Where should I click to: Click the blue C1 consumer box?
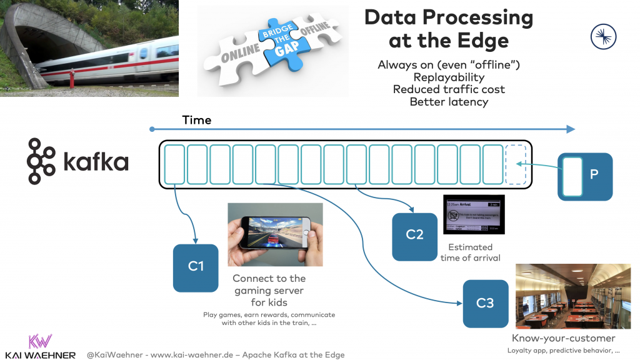(196, 266)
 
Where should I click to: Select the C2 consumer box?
(414, 236)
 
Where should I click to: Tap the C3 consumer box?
(485, 303)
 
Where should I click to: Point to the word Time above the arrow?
(197, 120)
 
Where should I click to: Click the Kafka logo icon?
(41, 162)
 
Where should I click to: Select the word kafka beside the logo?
(96, 163)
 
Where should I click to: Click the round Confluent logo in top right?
(603, 36)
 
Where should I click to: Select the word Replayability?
(449, 77)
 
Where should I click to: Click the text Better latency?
(449, 101)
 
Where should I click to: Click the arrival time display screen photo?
(473, 215)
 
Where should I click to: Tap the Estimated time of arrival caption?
(470, 252)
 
